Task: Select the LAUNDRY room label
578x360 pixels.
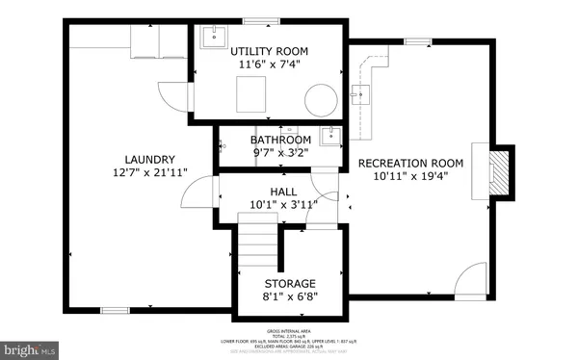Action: tap(148, 159)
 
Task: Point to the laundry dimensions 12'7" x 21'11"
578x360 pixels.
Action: tap(148, 173)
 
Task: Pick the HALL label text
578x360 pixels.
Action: tap(283, 192)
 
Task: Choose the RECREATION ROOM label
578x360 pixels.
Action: tap(411, 163)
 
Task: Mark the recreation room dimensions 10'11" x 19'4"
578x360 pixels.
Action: tap(411, 177)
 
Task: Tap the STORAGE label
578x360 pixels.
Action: tap(290, 284)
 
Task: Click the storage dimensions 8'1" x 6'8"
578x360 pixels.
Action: tap(290, 298)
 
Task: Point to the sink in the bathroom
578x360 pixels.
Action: tap(330, 135)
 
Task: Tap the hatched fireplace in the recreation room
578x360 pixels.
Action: tap(498, 172)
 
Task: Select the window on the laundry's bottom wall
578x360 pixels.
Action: tap(117, 310)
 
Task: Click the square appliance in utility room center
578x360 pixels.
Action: tap(253, 95)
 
